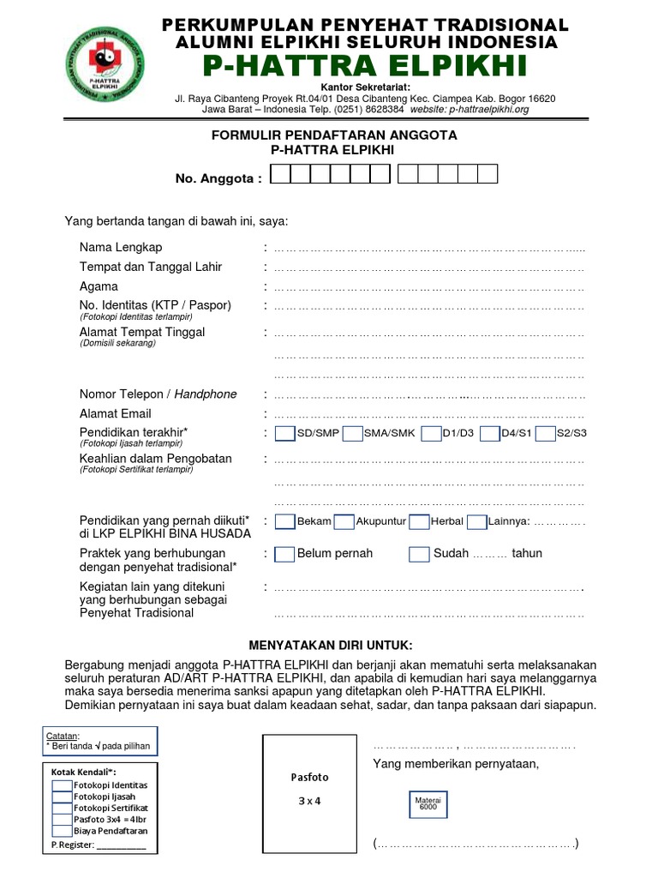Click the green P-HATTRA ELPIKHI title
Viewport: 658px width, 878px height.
point(365,65)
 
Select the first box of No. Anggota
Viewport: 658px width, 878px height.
point(280,175)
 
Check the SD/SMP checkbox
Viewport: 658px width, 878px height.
point(285,434)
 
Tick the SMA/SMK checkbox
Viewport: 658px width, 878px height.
point(351,434)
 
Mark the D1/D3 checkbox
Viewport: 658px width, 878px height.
point(431,434)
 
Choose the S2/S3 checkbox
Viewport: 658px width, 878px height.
point(545,434)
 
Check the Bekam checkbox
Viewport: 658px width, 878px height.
point(285,521)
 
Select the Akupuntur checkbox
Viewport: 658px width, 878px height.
point(344,521)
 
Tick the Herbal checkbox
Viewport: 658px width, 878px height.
point(419,521)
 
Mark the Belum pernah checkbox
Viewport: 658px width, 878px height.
point(285,554)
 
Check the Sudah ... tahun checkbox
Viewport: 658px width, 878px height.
point(419,554)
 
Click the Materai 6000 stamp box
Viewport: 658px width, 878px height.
point(427,803)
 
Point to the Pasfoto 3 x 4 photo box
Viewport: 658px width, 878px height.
point(308,790)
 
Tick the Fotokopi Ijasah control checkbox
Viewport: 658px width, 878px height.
point(62,797)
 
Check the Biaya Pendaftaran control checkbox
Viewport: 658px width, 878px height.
point(62,830)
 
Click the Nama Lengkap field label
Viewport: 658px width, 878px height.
point(121,248)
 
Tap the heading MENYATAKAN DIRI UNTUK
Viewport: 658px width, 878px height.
point(330,644)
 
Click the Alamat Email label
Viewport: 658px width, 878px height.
point(116,414)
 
